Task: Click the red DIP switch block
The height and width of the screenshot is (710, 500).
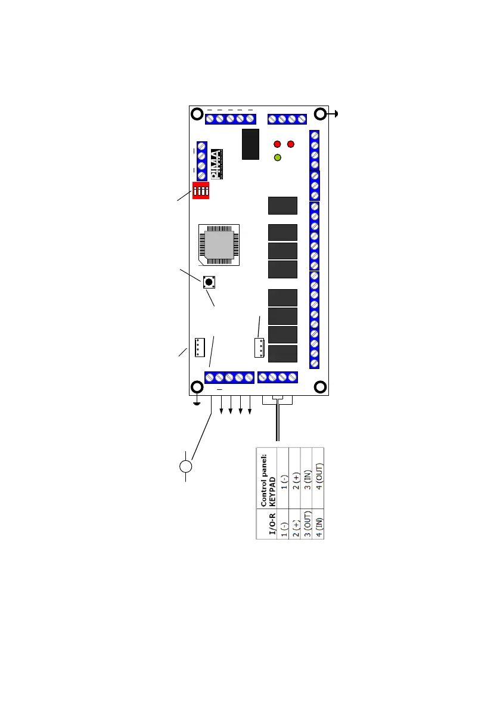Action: tap(202, 191)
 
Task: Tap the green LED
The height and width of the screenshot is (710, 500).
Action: tap(277, 158)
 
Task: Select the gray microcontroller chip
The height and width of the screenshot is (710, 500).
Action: tap(219, 244)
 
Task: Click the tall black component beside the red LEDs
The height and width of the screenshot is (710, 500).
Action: tap(250, 144)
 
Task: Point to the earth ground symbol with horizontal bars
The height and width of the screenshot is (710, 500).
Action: tap(197, 404)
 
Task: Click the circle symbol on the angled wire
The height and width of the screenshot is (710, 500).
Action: tap(187, 466)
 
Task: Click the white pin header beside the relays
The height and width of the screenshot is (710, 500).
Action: tap(259, 348)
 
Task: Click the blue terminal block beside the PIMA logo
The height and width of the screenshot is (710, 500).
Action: tap(201, 160)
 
